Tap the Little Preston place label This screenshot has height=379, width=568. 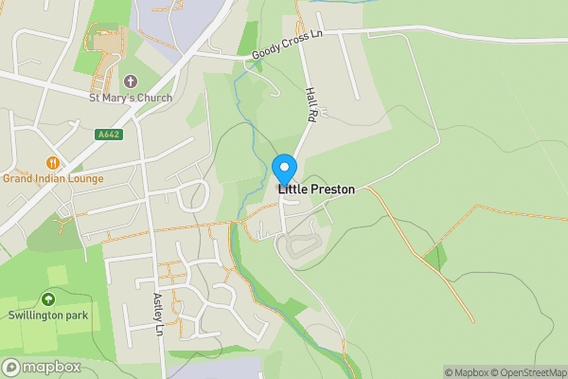[x=316, y=189]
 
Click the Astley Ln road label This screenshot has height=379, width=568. [x=159, y=315]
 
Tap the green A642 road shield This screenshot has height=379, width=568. [x=108, y=135]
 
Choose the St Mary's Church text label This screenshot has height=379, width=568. [x=131, y=98]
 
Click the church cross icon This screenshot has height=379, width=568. [x=131, y=82]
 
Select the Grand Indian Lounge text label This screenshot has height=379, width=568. [x=53, y=177]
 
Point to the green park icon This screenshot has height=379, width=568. [x=47, y=299]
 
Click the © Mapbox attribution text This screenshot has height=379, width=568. [x=466, y=372]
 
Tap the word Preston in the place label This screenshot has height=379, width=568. [x=332, y=189]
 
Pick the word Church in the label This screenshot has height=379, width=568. [x=154, y=98]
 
